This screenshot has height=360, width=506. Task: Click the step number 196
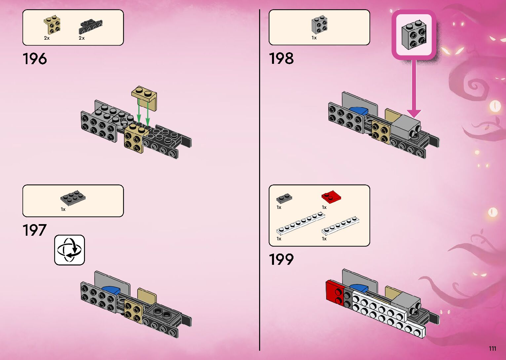click(35, 59)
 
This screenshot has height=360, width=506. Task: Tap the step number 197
click(34, 230)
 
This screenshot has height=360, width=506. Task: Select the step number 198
click(281, 59)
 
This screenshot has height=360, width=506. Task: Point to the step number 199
click(281, 259)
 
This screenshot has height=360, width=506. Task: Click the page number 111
click(492, 348)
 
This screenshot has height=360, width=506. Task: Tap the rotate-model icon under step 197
click(69, 250)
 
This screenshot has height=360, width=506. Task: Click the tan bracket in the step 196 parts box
click(52, 25)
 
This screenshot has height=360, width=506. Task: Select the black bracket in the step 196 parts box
click(90, 27)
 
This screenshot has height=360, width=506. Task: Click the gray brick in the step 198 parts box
click(319, 25)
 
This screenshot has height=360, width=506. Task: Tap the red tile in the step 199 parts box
click(331, 197)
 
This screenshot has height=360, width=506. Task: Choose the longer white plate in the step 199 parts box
click(300, 224)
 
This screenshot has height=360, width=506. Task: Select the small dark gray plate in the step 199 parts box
click(284, 198)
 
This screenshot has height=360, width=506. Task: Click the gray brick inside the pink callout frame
click(414, 35)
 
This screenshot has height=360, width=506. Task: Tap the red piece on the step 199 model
click(334, 291)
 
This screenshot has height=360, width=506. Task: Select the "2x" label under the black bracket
click(82, 38)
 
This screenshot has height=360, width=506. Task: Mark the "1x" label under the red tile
click(324, 207)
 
